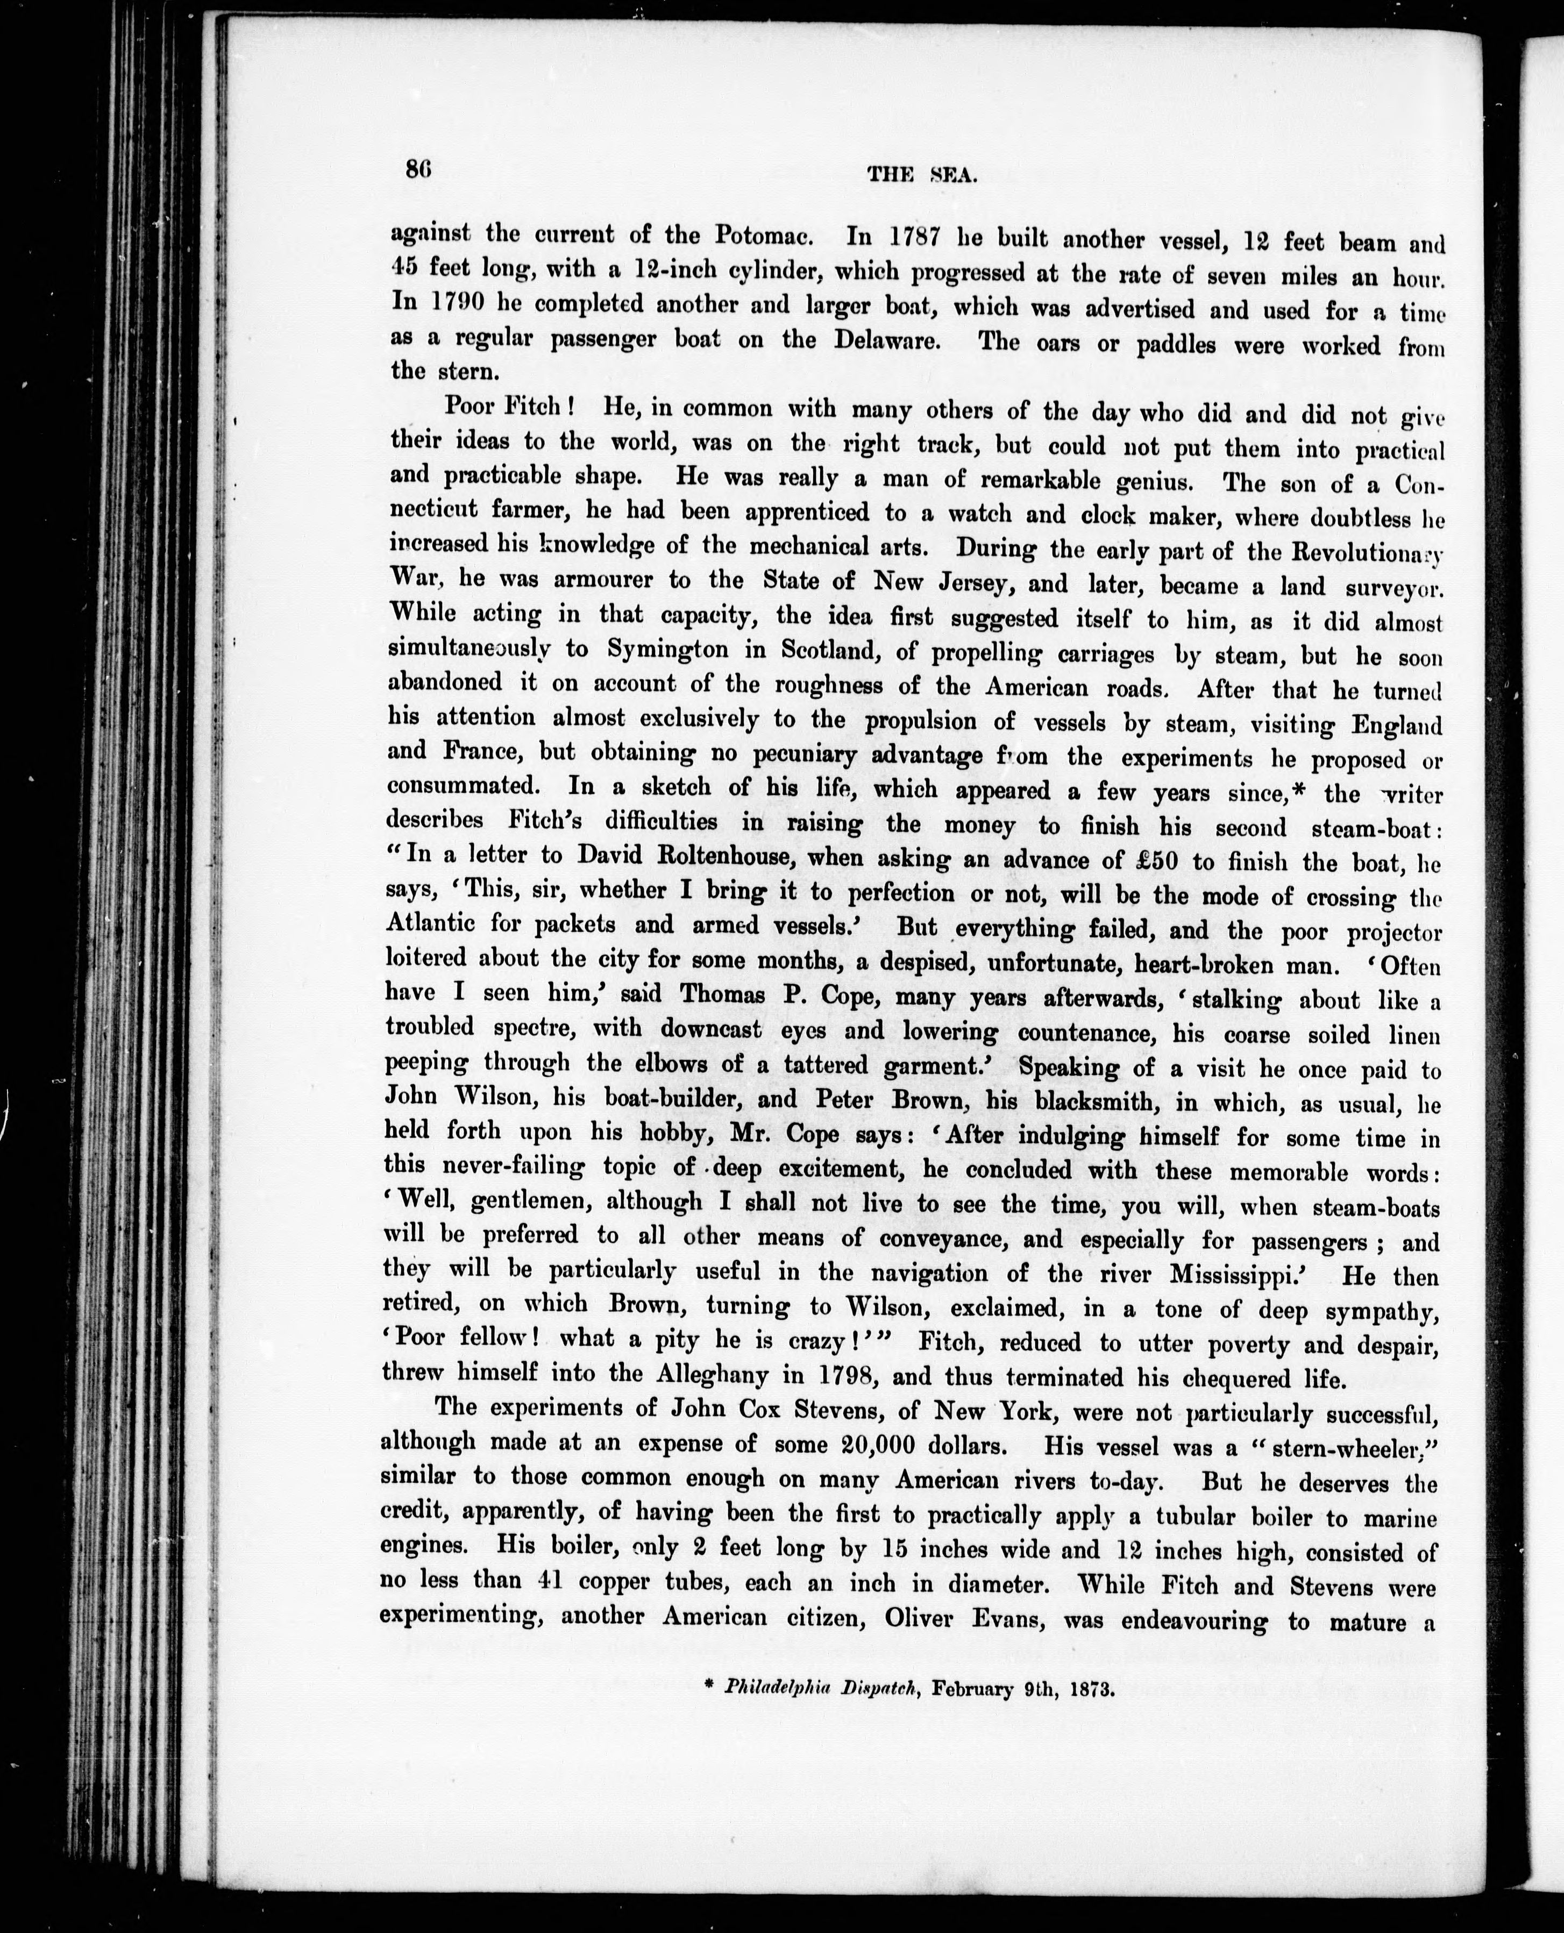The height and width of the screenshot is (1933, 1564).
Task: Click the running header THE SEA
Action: click(x=922, y=176)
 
